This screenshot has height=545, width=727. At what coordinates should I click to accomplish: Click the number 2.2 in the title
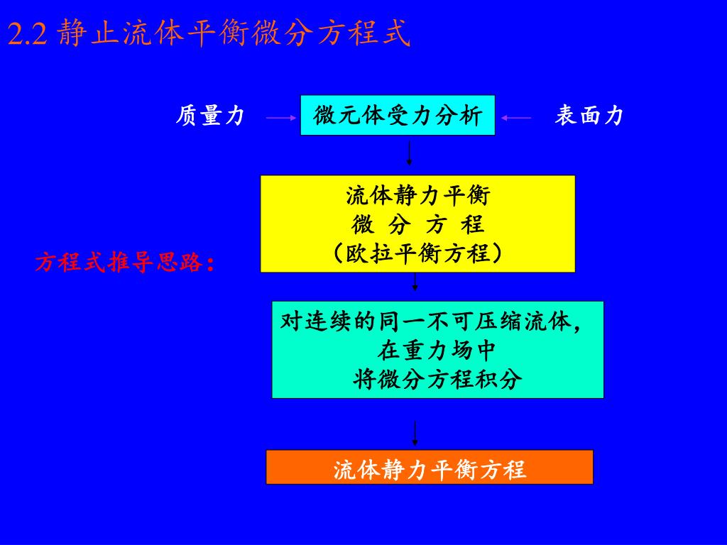27,33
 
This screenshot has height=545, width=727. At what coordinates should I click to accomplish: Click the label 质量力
209,116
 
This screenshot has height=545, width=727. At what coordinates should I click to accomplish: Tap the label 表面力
589,116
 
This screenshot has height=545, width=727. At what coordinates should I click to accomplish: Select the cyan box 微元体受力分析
397,115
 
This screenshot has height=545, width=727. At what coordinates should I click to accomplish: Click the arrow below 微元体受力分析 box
410,153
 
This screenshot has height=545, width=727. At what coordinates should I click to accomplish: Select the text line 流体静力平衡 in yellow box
417,195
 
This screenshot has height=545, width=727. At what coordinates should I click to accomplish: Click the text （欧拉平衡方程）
417,253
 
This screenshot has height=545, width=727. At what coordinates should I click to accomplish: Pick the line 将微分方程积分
437,380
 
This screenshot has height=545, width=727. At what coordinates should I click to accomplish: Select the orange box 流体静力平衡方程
429,468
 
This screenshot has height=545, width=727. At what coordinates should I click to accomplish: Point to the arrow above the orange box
415,434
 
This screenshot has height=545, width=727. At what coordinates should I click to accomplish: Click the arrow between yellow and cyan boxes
415,284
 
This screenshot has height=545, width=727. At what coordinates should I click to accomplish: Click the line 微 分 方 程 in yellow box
417,225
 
